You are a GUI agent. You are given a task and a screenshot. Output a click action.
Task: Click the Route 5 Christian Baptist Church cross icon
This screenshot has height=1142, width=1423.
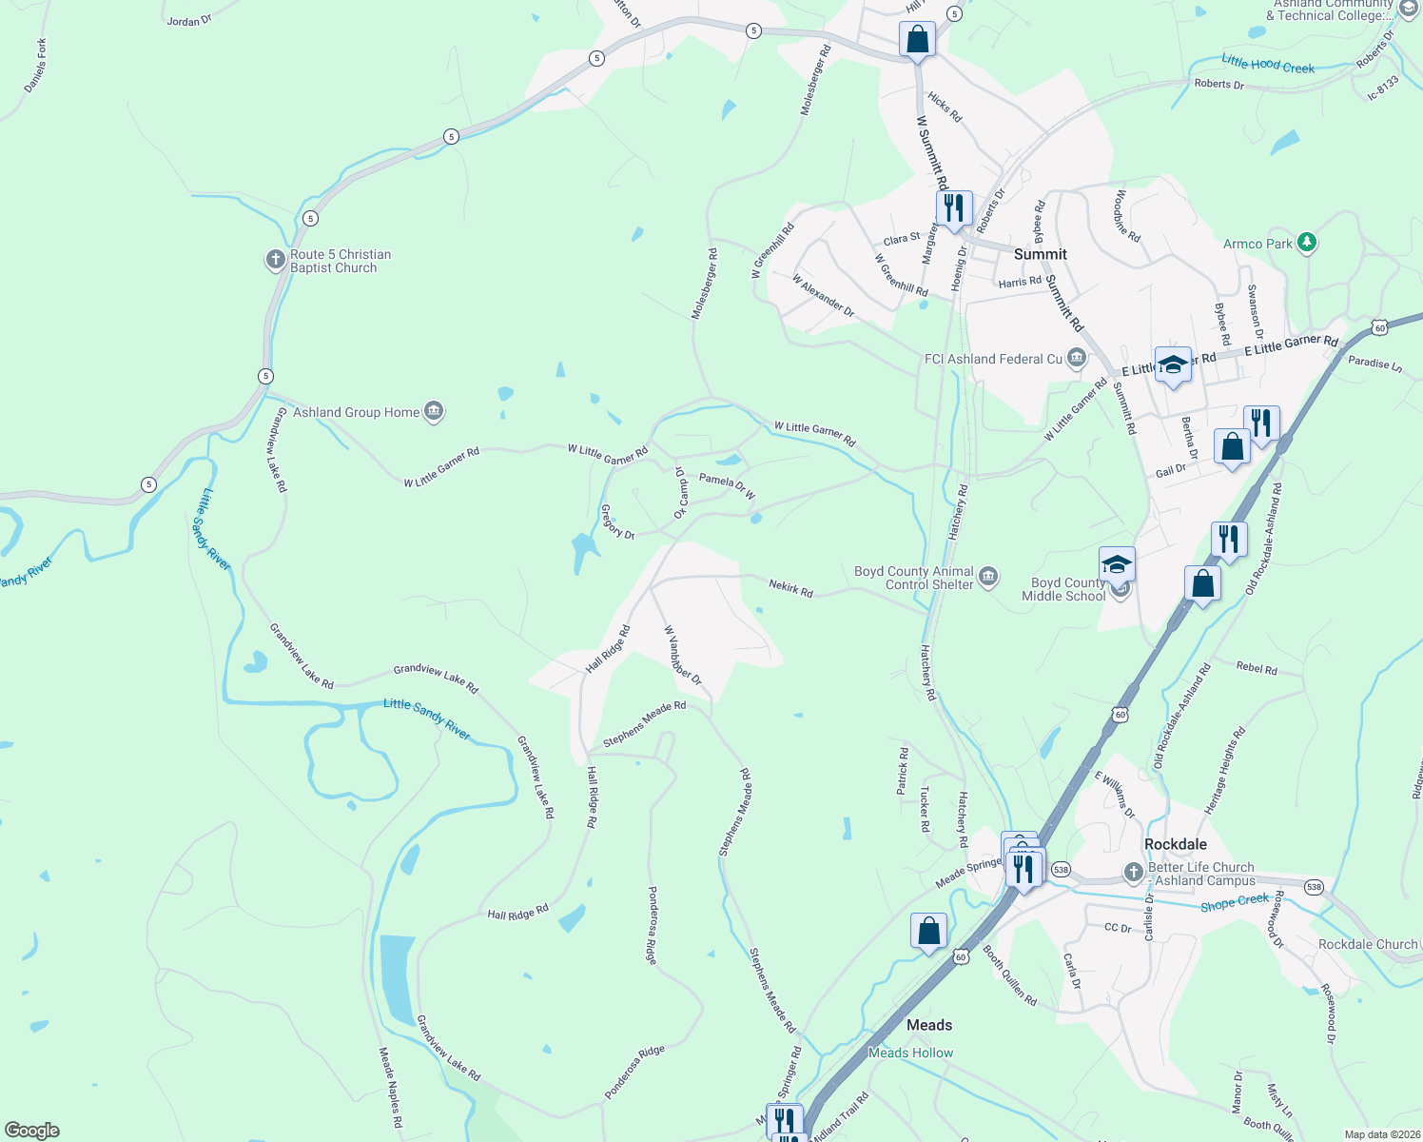(276, 260)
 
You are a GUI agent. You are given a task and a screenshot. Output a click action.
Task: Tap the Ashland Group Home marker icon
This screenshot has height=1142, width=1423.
(434, 412)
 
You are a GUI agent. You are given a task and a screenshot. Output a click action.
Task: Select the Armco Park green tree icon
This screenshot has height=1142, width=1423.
(1307, 243)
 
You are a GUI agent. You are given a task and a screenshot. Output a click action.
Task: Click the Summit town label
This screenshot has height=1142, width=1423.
(1040, 254)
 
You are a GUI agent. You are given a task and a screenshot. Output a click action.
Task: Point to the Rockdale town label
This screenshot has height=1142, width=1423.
(1176, 844)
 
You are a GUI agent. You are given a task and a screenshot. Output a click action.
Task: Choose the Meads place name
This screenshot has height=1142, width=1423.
(928, 1025)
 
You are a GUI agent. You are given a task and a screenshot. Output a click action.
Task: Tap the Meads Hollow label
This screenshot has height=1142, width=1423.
(910, 1053)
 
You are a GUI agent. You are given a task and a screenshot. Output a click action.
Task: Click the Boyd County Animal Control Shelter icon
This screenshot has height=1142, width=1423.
(988, 577)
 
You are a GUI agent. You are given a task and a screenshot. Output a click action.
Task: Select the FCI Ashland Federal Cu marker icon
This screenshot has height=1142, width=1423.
(1077, 359)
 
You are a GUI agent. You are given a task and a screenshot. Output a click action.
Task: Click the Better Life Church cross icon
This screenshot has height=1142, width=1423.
(1133, 872)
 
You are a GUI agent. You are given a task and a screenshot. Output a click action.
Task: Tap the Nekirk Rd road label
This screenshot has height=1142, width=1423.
(790, 588)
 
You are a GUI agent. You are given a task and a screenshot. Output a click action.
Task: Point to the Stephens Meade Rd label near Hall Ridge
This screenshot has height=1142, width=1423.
(644, 724)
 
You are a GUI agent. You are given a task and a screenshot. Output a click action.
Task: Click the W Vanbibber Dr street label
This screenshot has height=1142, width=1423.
(682, 656)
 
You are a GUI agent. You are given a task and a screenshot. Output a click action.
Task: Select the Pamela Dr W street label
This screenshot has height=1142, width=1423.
(727, 485)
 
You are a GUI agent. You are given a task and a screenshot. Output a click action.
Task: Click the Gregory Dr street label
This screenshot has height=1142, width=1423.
(617, 522)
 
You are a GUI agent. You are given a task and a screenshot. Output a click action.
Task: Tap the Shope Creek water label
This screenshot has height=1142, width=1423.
(1234, 902)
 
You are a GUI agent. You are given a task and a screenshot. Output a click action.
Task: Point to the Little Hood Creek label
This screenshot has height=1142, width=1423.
(1267, 65)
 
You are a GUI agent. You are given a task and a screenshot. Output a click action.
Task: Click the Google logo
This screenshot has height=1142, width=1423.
(32, 1130)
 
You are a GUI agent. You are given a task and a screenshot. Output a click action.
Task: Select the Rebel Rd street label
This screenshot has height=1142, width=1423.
(1256, 668)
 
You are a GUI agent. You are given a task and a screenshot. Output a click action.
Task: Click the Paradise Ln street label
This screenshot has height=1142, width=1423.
(1374, 363)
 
